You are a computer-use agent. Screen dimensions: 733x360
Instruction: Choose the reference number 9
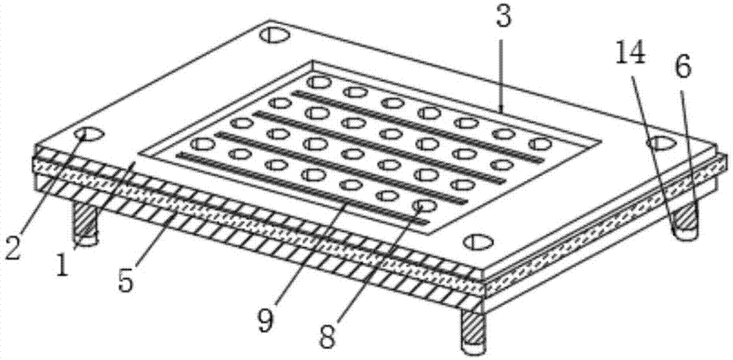(266, 320)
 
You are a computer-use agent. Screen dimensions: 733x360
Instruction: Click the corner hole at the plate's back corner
(275, 35)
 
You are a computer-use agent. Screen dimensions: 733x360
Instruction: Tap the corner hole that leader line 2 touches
(89, 134)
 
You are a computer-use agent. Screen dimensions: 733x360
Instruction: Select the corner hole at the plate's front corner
(478, 241)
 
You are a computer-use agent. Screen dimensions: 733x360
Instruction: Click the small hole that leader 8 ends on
(424, 205)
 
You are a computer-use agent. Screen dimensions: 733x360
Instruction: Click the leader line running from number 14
(652, 149)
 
